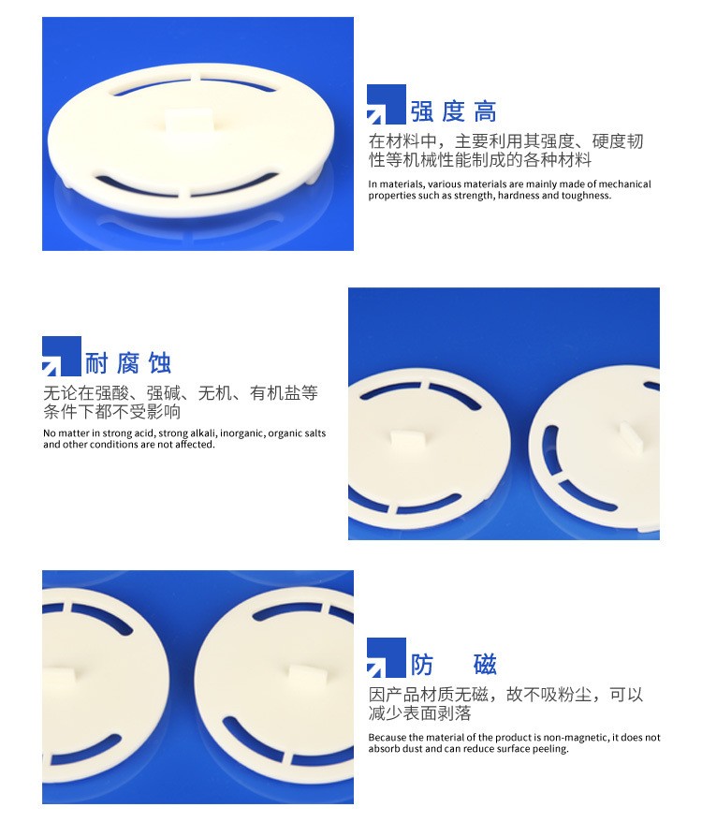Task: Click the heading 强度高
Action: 453,111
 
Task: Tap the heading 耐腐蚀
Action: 128,363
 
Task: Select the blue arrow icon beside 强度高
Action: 386,105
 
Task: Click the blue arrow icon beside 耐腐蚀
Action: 62,356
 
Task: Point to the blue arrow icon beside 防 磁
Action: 386,657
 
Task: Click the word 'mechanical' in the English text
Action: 624,184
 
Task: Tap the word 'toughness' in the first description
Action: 587,196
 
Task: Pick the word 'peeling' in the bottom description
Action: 551,749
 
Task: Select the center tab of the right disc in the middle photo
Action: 631,437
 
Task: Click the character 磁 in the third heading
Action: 485,665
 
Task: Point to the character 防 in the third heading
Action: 422,665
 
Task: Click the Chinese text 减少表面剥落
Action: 420,713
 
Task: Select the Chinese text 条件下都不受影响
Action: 112,412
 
